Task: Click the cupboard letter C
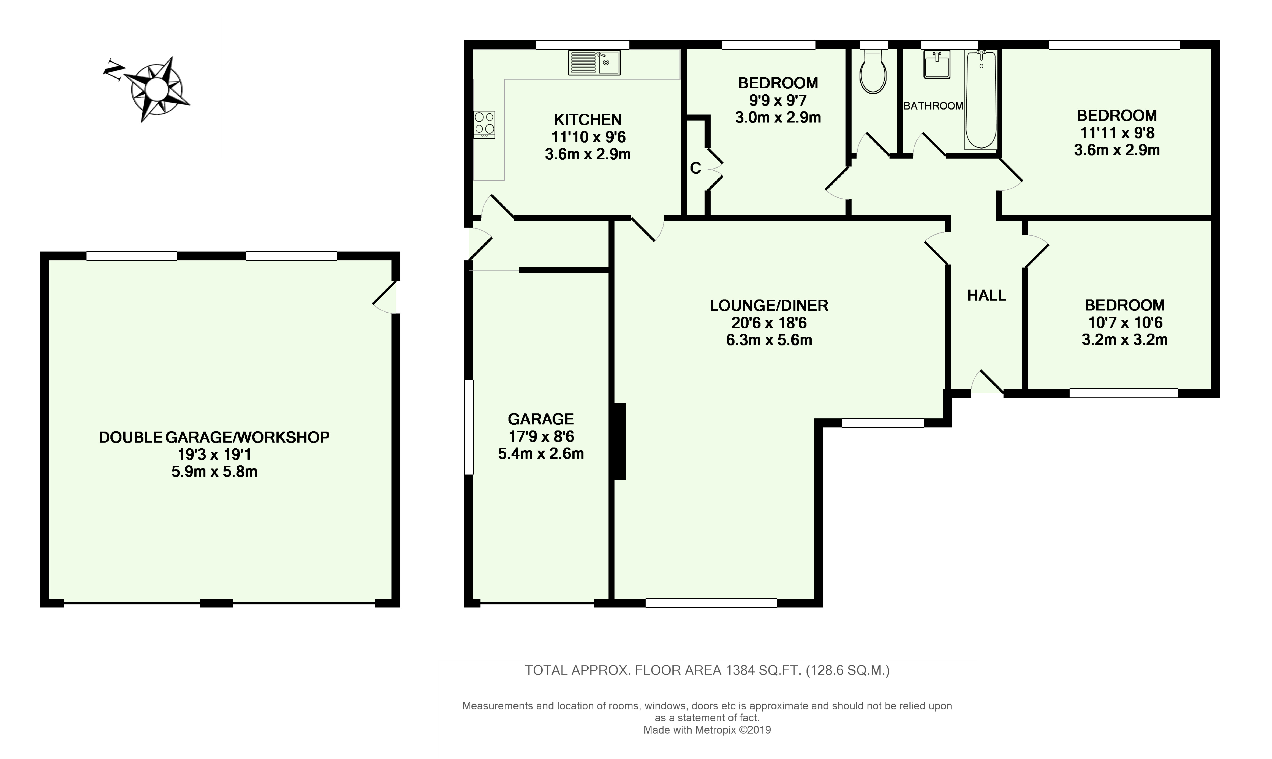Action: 695,168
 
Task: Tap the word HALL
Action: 986,295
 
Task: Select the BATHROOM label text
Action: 933,106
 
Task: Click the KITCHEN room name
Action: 588,120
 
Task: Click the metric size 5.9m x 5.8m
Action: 214,471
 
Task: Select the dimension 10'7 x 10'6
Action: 1125,322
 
